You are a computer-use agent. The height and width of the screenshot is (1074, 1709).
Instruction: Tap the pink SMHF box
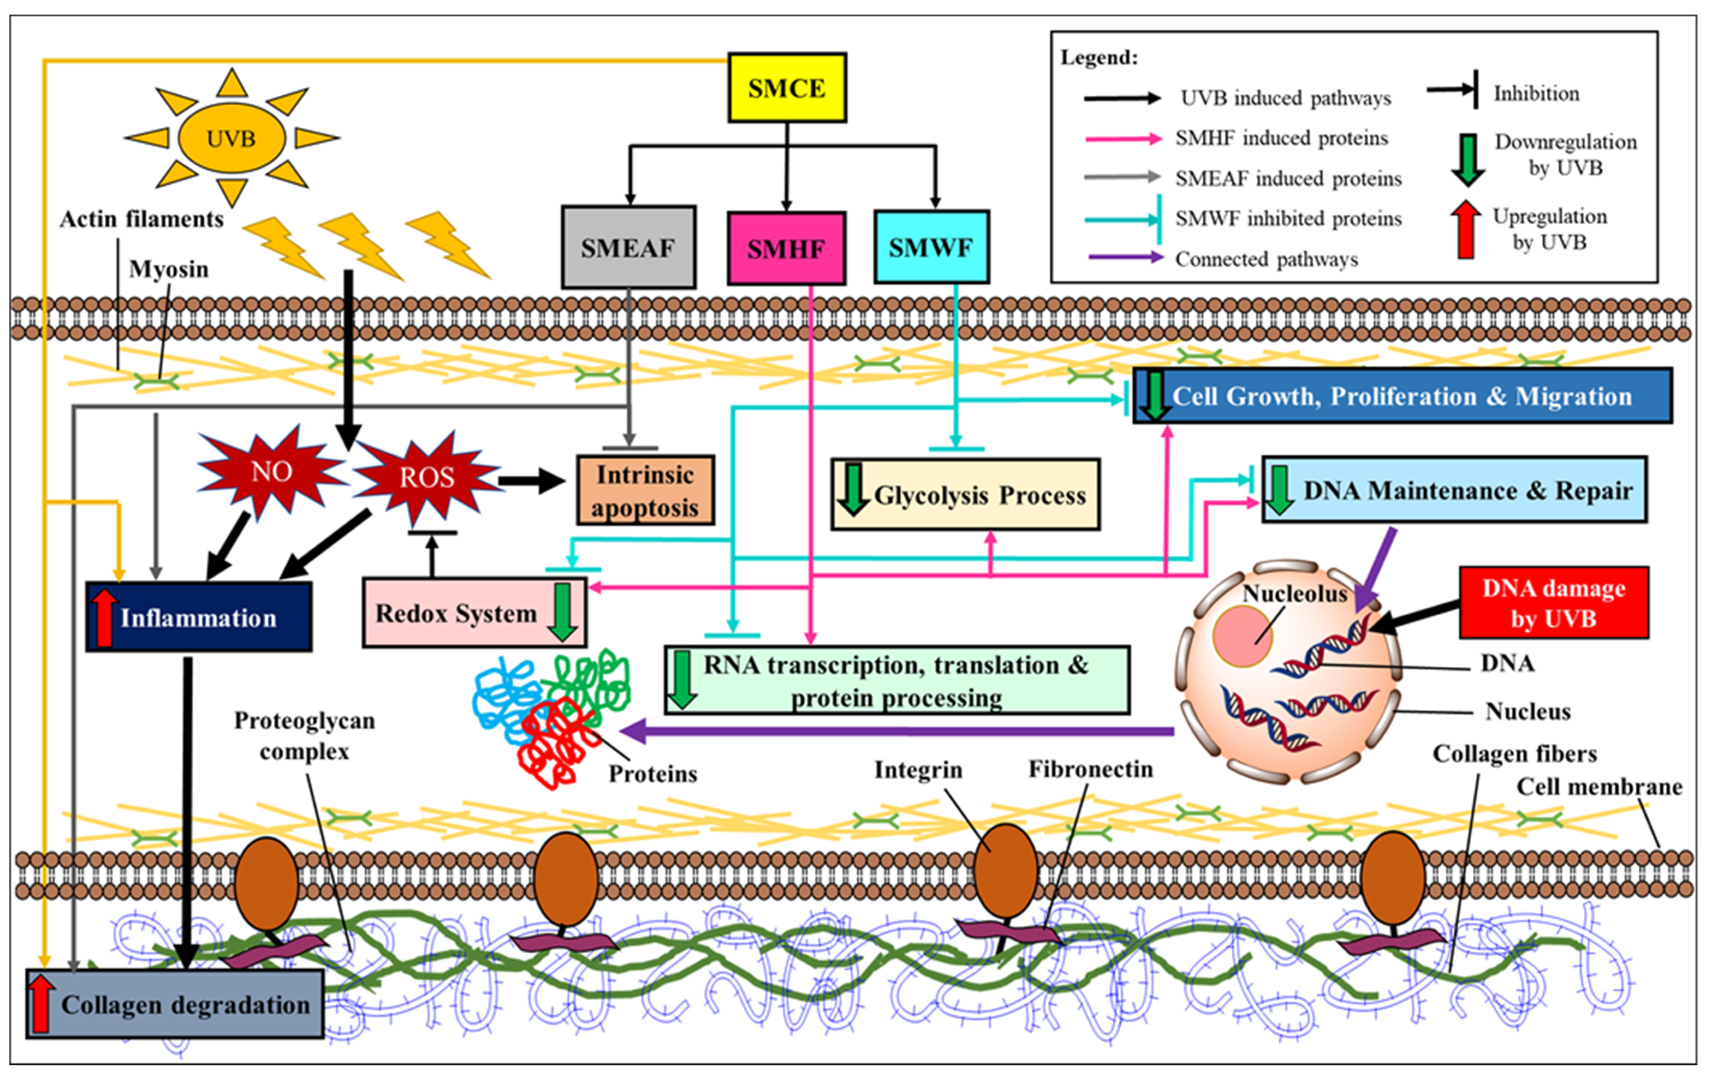[x=786, y=248]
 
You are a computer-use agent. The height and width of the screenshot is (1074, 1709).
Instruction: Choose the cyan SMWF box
[x=931, y=247]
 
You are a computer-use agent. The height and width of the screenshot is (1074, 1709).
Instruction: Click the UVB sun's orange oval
[x=231, y=138]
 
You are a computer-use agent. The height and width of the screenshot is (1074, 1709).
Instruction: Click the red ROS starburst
[x=426, y=477]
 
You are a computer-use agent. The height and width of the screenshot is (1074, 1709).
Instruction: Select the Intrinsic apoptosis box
[x=644, y=491]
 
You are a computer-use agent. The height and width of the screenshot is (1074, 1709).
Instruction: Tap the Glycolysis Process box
[x=965, y=495]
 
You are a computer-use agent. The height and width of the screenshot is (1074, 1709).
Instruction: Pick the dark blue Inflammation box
[x=199, y=617]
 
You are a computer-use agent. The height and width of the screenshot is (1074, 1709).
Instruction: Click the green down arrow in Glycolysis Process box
[x=853, y=489]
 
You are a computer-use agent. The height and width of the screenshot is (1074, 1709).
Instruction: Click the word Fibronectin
[x=1090, y=769]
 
